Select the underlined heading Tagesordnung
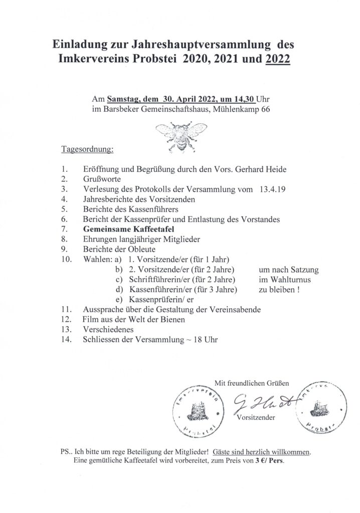pos(87,149)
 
